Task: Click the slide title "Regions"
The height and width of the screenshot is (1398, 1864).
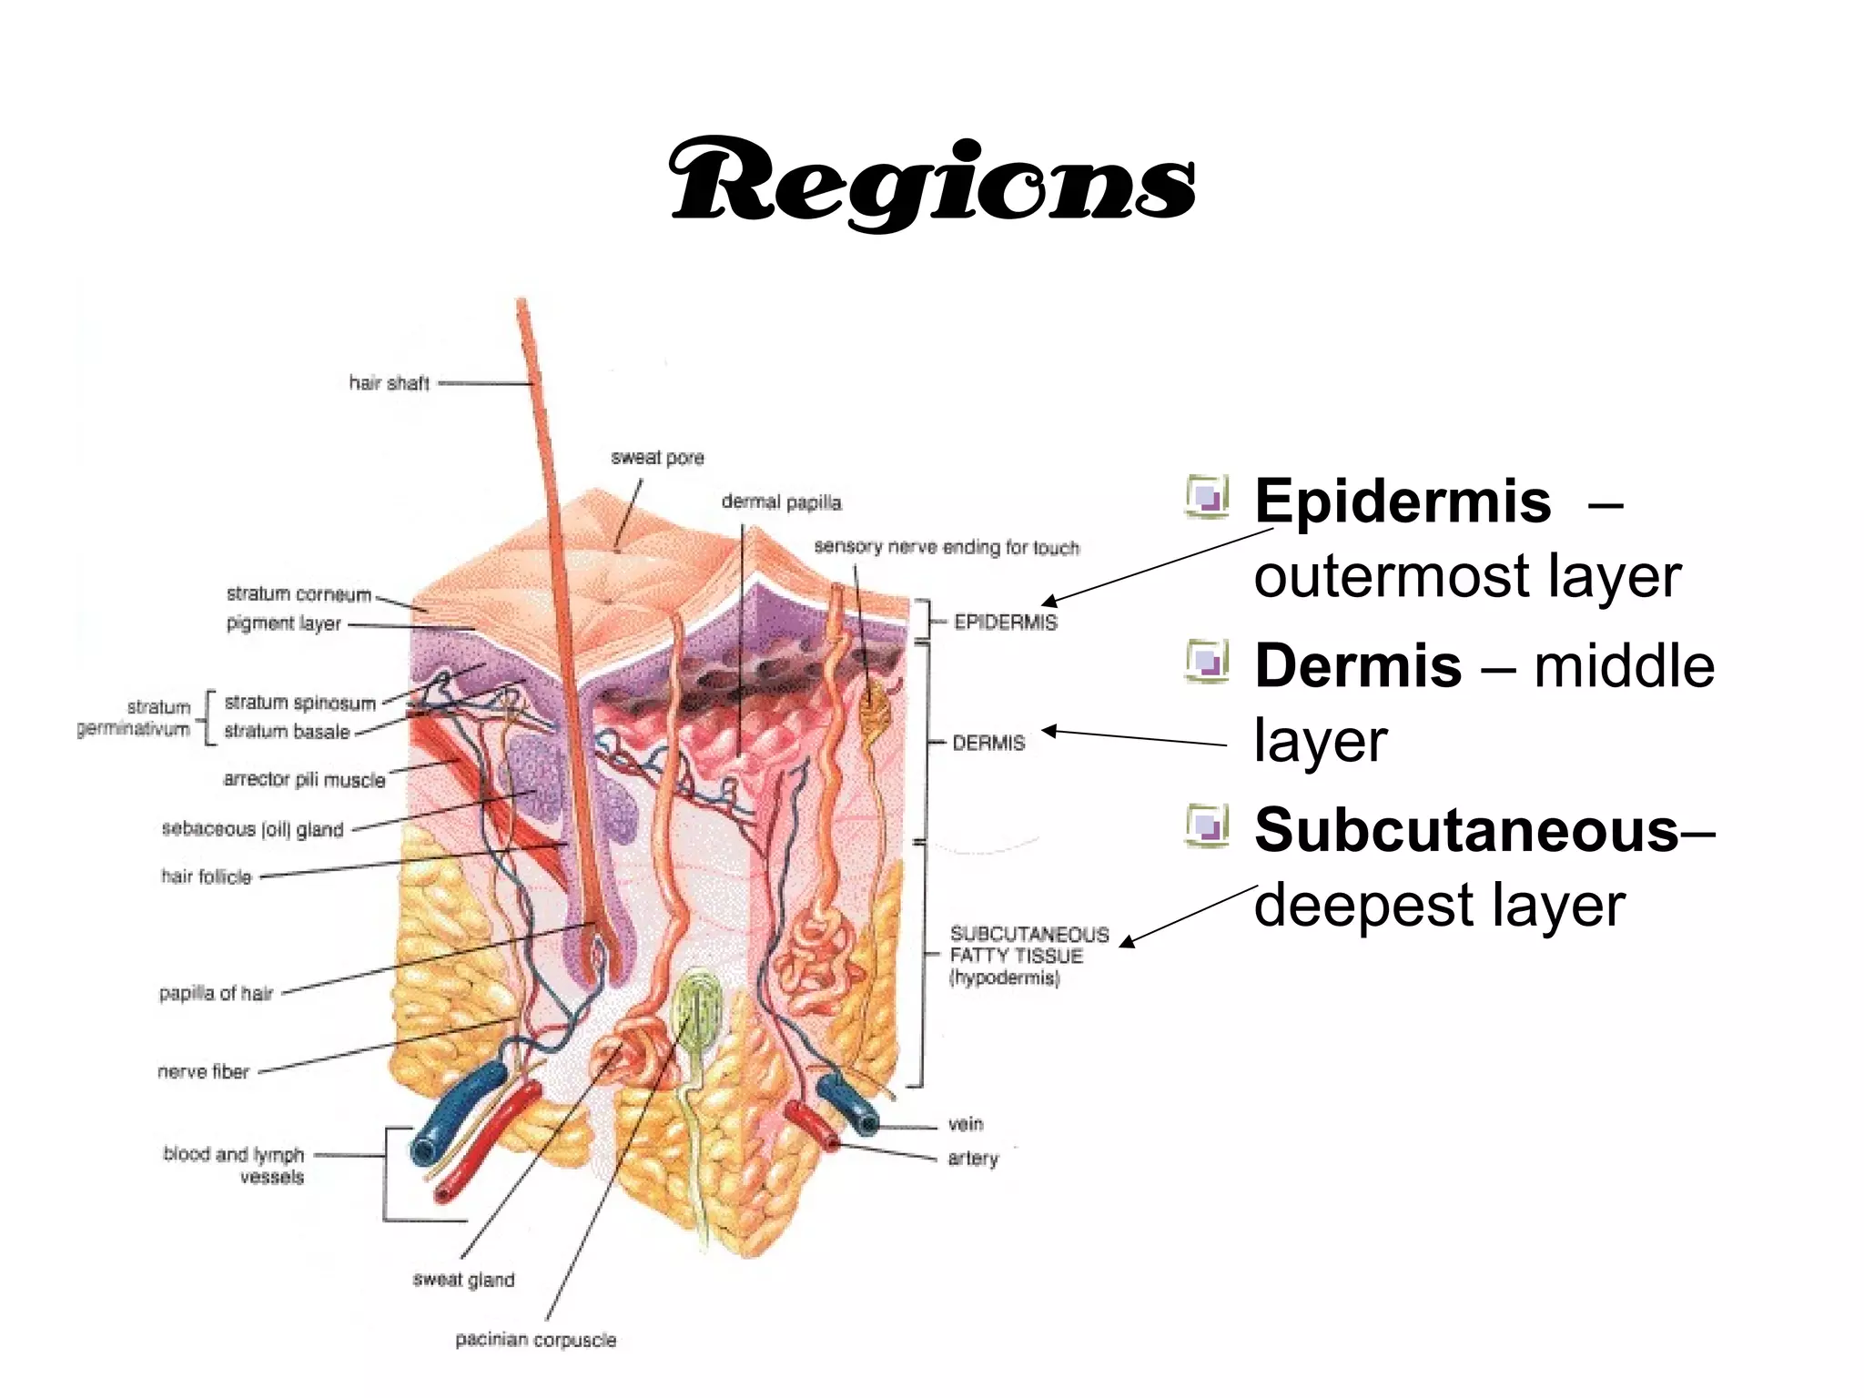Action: [932, 182]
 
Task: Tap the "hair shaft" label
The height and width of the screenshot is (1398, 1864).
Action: [389, 383]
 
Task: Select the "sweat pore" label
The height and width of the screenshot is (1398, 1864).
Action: [657, 458]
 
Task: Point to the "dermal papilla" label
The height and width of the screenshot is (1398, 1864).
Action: [781, 502]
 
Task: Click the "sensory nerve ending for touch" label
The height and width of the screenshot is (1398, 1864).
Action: [947, 547]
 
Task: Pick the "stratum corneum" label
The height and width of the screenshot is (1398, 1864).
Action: [299, 594]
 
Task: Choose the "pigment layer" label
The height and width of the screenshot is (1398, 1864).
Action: [283, 623]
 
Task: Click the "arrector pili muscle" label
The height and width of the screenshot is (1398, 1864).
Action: [304, 780]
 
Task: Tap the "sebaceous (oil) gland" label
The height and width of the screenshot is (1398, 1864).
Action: [252, 829]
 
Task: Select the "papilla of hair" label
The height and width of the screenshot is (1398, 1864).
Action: [216, 993]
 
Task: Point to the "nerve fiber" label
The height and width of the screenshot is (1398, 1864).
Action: [203, 1072]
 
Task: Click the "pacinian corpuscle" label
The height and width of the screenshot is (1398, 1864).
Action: [535, 1340]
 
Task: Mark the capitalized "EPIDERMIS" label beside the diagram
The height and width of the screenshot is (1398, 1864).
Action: [1005, 623]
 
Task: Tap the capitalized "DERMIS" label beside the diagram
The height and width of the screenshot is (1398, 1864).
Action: [988, 744]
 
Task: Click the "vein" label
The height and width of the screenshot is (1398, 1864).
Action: [966, 1124]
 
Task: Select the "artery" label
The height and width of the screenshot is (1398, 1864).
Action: [973, 1159]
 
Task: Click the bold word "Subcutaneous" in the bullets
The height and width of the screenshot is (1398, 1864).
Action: [1466, 831]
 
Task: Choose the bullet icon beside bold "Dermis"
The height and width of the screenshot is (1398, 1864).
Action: [1207, 661]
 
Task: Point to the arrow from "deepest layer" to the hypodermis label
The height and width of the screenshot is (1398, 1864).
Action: [1188, 915]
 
